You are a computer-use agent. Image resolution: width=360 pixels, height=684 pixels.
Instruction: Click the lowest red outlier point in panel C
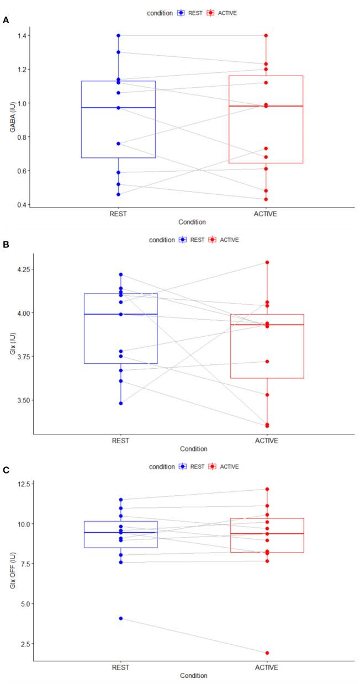(267, 653)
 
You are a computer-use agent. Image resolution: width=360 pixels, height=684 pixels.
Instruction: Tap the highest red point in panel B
(267, 262)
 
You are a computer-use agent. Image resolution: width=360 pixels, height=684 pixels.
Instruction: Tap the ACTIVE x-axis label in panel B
(267, 441)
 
